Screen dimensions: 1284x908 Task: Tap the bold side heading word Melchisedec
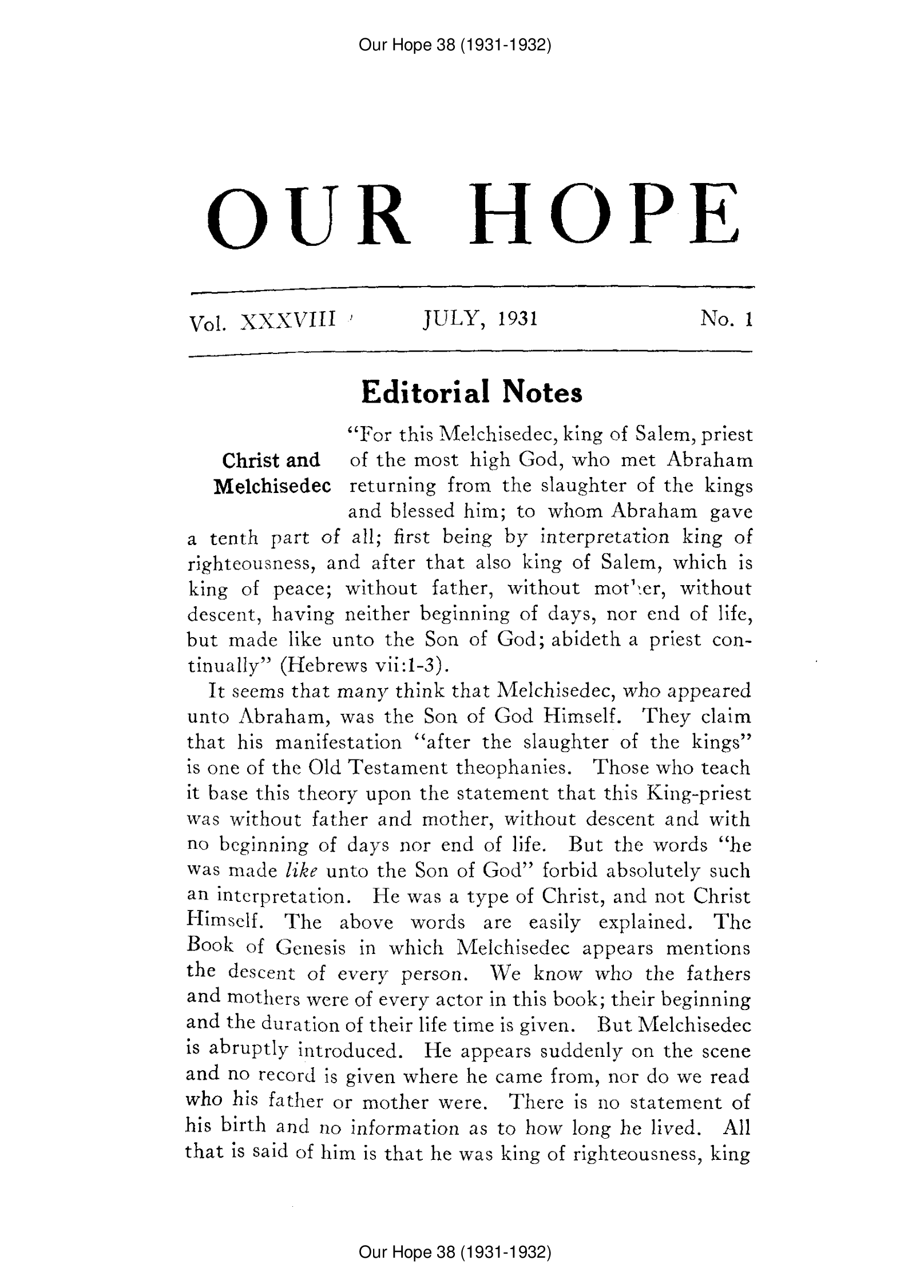[x=272, y=486]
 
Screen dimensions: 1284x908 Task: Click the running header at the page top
[x=454, y=45]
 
